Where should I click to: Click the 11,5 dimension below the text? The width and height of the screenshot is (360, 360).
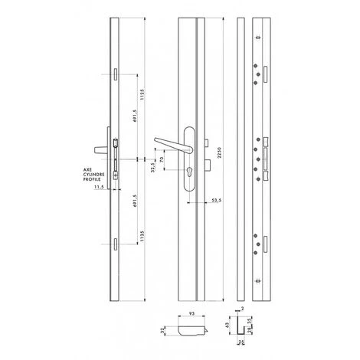(99, 186)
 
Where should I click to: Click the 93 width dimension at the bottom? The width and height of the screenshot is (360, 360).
(189, 313)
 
